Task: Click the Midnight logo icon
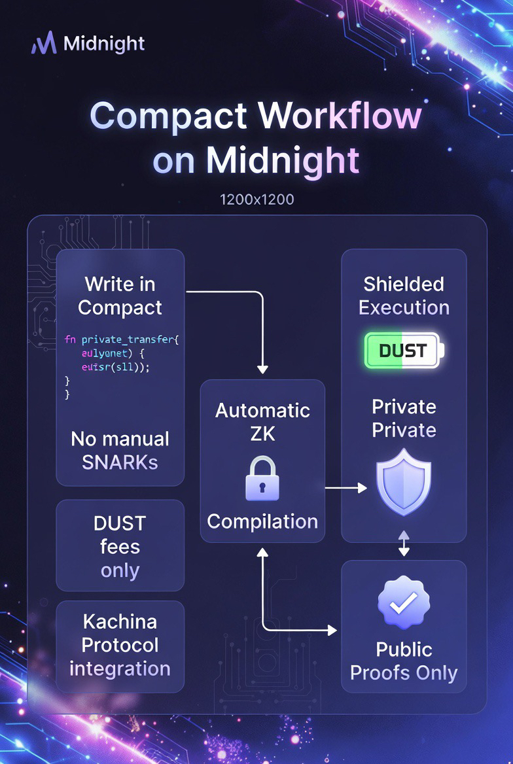(43, 44)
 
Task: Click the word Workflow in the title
(340, 116)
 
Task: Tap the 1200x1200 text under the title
(256, 199)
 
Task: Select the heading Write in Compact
(120, 296)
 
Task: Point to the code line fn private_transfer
(122, 339)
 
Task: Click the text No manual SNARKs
(120, 450)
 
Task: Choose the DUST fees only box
(120, 546)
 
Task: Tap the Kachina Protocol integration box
(120, 645)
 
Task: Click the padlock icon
(262, 479)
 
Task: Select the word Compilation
(262, 521)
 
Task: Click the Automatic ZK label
(262, 422)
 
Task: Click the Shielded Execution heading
(404, 296)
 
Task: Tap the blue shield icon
(404, 481)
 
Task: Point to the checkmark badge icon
(404, 603)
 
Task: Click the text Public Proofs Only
(404, 661)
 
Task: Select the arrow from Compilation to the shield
(345, 488)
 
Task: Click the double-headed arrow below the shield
(404, 544)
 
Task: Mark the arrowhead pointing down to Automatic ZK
(262, 369)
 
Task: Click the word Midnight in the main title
(283, 160)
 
